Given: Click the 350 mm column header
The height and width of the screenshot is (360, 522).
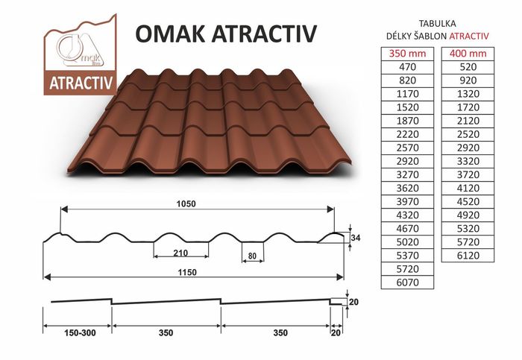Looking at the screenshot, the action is pos(407,54).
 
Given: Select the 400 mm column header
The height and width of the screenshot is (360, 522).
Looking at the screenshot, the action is pos(468,54).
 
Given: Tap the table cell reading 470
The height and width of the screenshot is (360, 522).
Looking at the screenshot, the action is pos(407,67).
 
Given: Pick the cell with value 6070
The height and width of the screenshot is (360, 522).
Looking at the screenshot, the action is pos(407,282).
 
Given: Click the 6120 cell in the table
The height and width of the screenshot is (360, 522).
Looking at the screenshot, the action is pos(468,256).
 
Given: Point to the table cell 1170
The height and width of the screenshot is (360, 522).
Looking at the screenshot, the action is pos(407,94).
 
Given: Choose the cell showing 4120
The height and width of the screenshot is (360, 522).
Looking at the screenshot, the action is pos(468,189).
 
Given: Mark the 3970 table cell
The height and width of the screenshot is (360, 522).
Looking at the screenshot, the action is pos(407,202).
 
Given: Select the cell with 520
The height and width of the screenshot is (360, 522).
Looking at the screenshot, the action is pos(468,67).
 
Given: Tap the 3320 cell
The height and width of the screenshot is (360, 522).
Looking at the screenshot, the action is pos(468,162).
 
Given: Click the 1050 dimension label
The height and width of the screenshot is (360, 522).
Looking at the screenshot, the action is pos(186,203).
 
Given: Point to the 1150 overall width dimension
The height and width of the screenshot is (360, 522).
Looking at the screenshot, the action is pos(186,272).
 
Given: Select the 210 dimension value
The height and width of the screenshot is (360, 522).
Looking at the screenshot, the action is pos(180,253).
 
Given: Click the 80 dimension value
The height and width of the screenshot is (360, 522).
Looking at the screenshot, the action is pos(252,256).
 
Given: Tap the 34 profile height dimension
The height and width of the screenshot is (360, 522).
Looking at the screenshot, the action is pos(356,238).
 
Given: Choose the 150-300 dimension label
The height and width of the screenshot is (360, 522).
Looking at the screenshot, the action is pos(80,332).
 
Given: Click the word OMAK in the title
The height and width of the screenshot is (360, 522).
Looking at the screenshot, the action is pos(170,34).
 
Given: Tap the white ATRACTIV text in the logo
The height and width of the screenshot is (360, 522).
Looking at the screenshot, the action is pos(81,83).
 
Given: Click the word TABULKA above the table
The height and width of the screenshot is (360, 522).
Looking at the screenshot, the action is pos(437,24).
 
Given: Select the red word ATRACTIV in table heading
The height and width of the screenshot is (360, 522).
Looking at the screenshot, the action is pos(469,37).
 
